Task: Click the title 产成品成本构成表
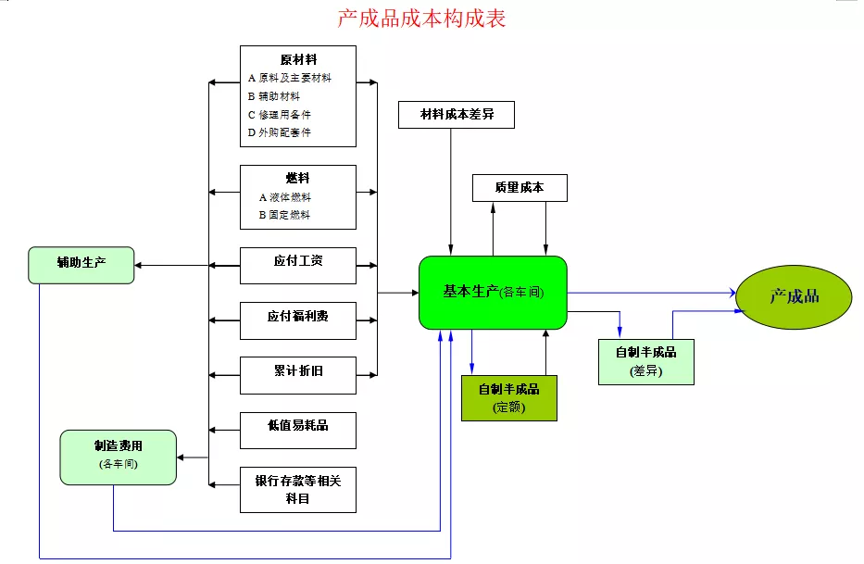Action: [421, 18]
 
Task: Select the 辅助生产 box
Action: [81, 264]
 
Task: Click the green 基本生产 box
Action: [493, 292]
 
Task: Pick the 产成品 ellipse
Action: [795, 296]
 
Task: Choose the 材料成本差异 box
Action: [456, 115]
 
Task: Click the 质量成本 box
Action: [519, 188]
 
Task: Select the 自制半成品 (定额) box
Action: [508, 397]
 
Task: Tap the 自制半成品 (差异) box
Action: [645, 361]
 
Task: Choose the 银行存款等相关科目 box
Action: [297, 489]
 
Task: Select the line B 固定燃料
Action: [284, 215]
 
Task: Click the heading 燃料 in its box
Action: [297, 178]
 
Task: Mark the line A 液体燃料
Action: [284, 197]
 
